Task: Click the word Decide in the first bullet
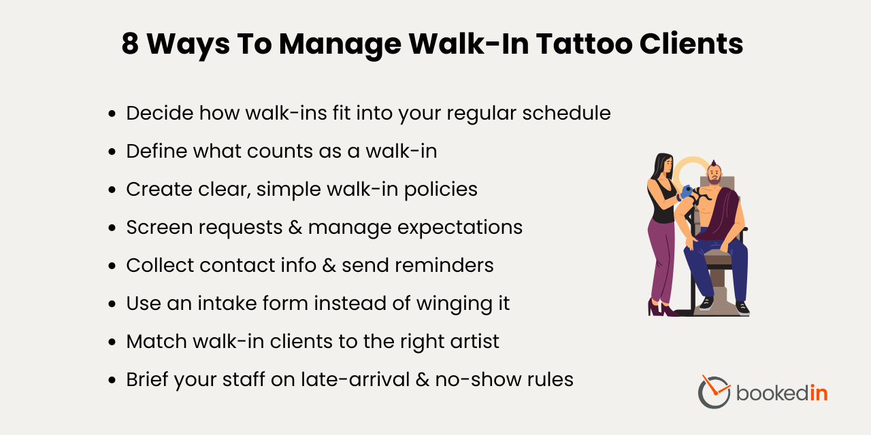159,113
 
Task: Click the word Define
157,151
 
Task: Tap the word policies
440,189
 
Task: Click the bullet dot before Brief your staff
112,380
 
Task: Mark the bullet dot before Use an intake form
112,304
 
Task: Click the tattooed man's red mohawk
713,164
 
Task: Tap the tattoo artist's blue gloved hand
687,193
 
